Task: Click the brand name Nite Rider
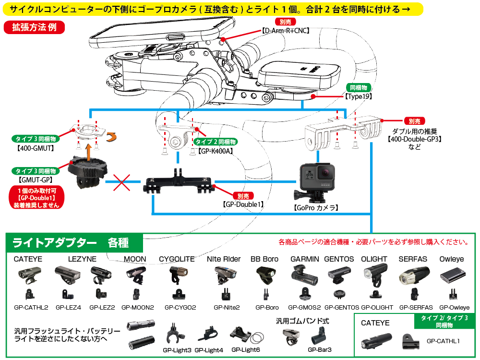tap(224, 259)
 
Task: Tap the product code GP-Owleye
tap(452, 307)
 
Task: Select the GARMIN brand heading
tap(305, 259)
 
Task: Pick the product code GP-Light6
tap(245, 350)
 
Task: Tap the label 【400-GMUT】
tap(35, 148)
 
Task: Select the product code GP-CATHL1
tap(443, 341)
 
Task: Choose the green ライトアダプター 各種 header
tap(71, 242)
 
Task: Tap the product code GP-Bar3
tap(320, 350)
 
